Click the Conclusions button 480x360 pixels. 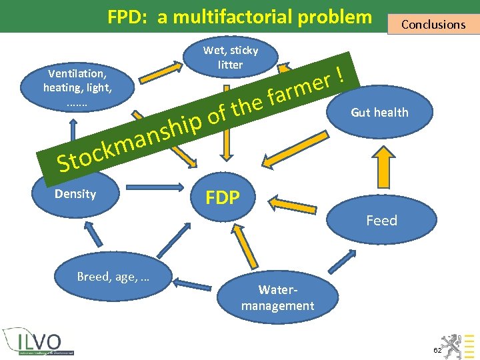point(433,25)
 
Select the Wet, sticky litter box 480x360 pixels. point(231,58)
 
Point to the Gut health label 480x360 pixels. point(379,112)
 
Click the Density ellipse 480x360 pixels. point(75,194)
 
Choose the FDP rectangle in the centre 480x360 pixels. point(223,198)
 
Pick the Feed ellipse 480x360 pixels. point(381,221)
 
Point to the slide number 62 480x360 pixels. point(437,350)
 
